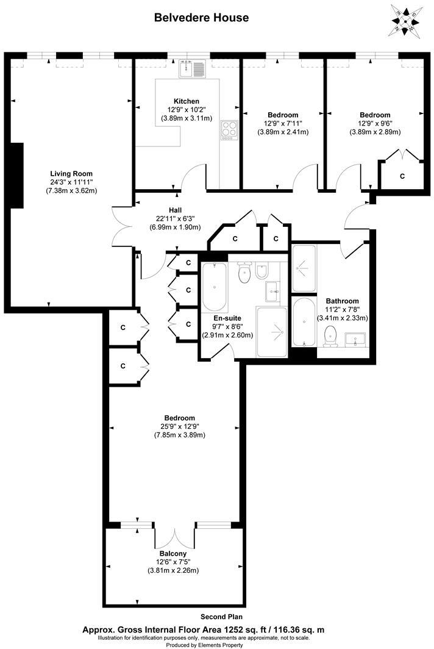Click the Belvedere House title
[x=201, y=18]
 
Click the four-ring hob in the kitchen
[x=229, y=129]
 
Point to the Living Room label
[x=71, y=173]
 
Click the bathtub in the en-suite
[x=214, y=287]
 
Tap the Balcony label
[x=173, y=554]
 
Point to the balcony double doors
[x=174, y=535]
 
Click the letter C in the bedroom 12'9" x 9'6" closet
[x=402, y=176]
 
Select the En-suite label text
[x=226, y=318]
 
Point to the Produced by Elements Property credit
[x=217, y=645]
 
